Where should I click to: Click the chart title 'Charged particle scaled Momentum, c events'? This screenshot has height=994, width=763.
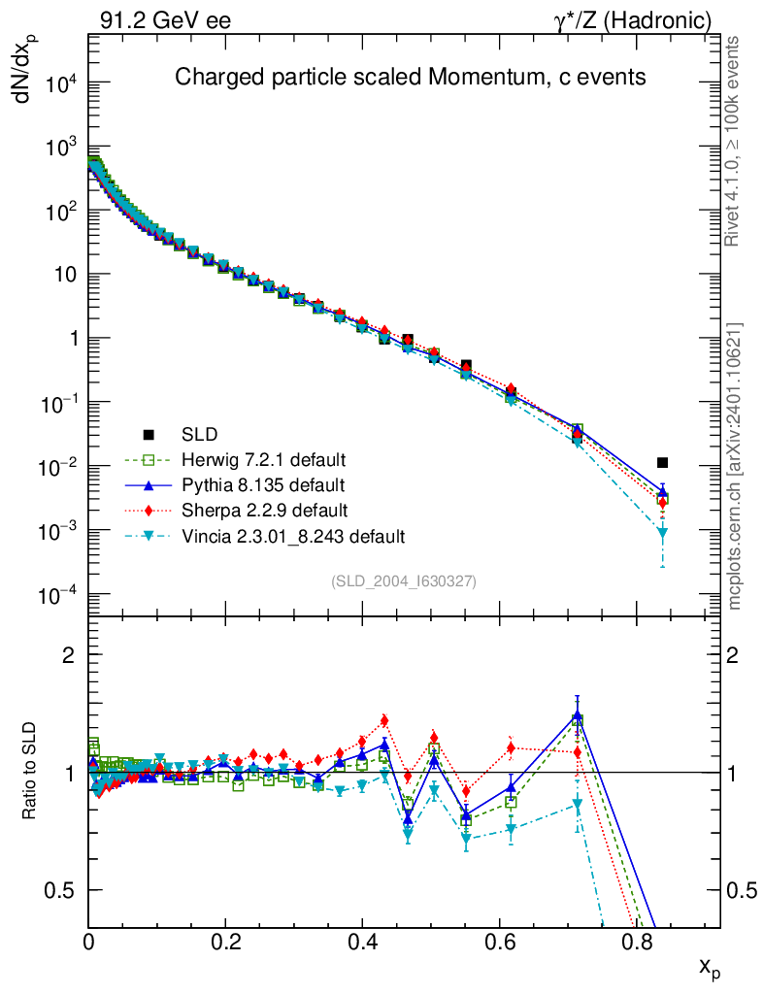click(410, 77)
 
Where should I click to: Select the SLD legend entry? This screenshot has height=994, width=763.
click(181, 434)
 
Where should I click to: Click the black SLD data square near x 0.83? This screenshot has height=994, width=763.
click(662, 463)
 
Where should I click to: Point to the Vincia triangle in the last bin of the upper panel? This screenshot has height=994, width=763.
click(662, 533)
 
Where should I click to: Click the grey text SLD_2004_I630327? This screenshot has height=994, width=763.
click(404, 580)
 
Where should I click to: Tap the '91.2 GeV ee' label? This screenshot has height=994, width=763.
click(165, 21)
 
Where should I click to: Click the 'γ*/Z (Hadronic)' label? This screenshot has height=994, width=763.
click(633, 21)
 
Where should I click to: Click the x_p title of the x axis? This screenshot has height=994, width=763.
click(710, 968)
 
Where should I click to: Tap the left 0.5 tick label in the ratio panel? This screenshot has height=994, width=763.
click(59, 890)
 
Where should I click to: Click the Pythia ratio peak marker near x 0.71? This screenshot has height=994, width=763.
click(578, 715)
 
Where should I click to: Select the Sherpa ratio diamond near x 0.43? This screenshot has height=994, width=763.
click(384, 721)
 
